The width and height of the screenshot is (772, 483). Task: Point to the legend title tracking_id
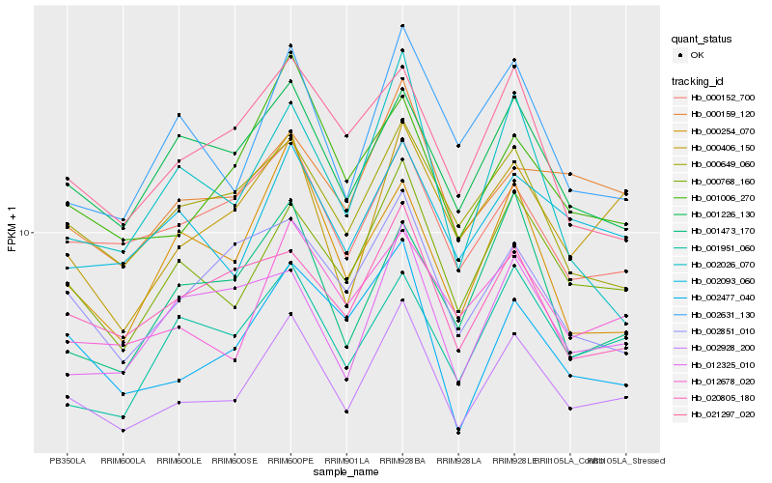coord(699,79)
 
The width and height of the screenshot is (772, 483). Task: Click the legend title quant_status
coord(702,39)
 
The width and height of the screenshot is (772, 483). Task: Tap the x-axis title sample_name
coord(346,472)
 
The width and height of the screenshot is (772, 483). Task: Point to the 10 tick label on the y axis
coord(26,233)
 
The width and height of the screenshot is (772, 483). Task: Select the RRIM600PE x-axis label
coord(290,460)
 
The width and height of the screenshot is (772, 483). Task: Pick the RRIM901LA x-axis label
coord(346,460)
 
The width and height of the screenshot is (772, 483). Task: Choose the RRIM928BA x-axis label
coord(402,460)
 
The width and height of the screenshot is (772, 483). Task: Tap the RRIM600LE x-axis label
coord(179,460)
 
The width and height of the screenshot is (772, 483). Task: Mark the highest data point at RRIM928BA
coord(402,25)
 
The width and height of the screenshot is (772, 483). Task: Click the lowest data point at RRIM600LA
coord(124,430)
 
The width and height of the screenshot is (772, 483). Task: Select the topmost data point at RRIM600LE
coord(179,116)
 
